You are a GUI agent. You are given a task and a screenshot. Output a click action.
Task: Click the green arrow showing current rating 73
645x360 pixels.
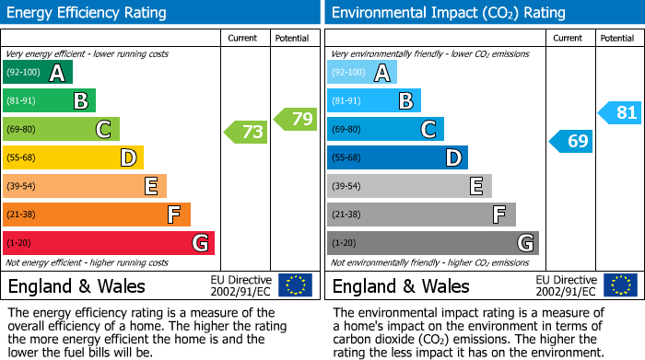pos(246,133)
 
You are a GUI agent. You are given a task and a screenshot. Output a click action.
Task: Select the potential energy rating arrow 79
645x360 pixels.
pos(295,119)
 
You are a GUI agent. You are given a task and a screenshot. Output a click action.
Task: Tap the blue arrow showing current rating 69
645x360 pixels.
pos(571,141)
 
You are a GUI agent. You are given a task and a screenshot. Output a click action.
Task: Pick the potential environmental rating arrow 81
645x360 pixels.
pos(620,113)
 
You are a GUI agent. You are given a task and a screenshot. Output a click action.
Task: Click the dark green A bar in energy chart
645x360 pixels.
pos(38,73)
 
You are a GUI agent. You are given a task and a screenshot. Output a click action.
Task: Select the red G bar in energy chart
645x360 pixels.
pos(109,243)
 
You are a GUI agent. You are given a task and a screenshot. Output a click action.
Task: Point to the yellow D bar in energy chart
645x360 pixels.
pos(74,157)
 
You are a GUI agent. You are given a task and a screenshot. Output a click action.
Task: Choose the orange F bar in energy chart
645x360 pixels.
pos(97,215)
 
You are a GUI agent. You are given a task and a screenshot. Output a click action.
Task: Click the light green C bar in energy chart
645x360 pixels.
pos(62,129)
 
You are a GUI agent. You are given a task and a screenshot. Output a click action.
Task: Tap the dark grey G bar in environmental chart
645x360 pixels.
pos(432,243)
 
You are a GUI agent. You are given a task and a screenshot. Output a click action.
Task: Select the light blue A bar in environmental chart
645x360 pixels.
pos(362,73)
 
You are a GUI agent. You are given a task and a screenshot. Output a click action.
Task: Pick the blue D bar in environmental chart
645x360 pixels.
pos(397,157)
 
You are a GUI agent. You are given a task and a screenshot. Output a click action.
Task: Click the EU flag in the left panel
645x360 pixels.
pos(295,285)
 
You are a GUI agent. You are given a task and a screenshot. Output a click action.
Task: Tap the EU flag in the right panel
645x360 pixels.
pos(619,285)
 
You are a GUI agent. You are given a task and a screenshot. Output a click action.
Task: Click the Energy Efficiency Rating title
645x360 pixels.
pos(88,13)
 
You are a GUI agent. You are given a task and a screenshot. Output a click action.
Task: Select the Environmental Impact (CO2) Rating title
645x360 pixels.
pos(447,13)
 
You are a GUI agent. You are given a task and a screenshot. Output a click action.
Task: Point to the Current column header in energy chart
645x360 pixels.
pos(244,38)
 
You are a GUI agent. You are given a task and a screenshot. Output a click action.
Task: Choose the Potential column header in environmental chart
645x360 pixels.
pos(617,38)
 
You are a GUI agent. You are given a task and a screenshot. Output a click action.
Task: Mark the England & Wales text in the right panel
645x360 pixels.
pos(401,285)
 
